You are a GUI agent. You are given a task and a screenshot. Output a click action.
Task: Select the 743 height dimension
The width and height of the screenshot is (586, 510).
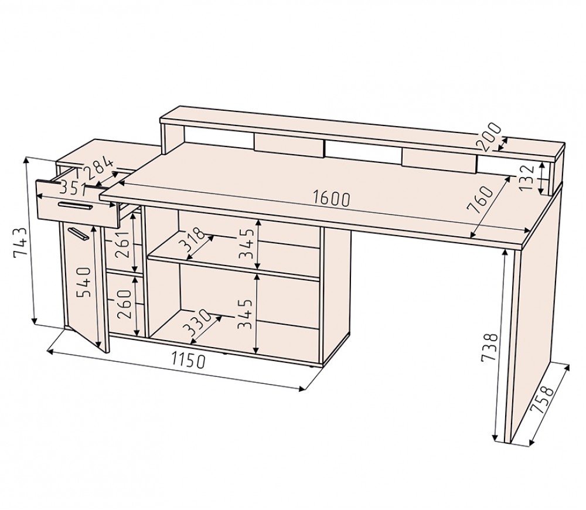coord(20,243)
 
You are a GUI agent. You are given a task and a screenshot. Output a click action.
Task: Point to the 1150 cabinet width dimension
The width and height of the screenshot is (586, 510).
coord(189,361)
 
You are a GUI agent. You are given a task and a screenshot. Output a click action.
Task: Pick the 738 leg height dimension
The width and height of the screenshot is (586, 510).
coord(490,348)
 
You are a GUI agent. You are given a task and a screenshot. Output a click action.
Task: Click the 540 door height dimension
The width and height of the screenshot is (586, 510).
coord(84,282)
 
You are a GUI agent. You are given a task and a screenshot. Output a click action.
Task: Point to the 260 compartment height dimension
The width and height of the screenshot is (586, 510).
coord(124,304)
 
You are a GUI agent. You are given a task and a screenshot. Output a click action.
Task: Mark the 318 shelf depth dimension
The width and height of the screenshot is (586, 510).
coord(192,239)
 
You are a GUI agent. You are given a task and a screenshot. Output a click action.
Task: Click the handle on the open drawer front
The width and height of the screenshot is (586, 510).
coord(75,205)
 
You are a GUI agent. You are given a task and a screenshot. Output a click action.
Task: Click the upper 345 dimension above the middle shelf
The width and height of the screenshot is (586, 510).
coord(247,244)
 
